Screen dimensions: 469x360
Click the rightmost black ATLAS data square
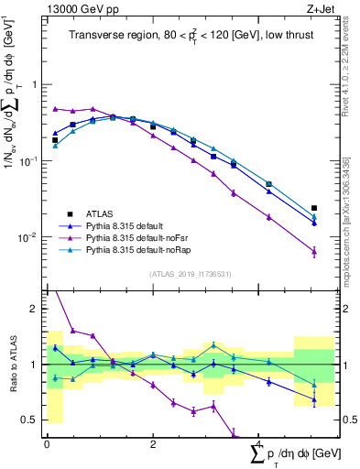pyautogui.click(x=314, y=208)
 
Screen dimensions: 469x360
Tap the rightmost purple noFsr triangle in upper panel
pyautogui.click(x=314, y=251)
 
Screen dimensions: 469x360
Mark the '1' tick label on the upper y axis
pyautogui.click(x=36, y=84)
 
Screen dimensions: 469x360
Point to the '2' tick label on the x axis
pyautogui.click(x=153, y=443)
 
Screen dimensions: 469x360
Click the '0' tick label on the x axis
pyautogui.click(x=47, y=443)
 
